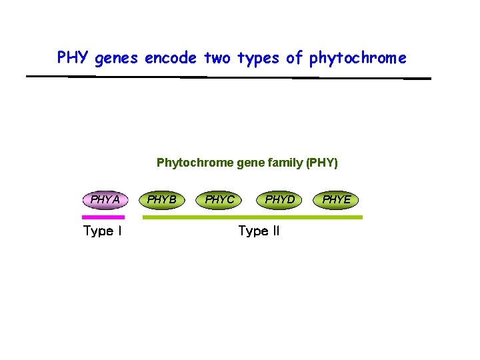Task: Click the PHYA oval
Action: [x=105, y=199]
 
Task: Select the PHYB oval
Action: [x=162, y=199]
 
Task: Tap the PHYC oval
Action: [x=220, y=199]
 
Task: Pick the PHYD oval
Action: [x=279, y=199]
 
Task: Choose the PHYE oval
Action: [x=336, y=199]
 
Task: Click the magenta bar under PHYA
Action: [x=103, y=217]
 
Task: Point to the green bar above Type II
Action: [x=253, y=217]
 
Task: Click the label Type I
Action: [x=102, y=231]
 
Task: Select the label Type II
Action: [x=259, y=231]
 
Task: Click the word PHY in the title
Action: [x=73, y=58]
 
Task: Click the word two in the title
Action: [x=217, y=58]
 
